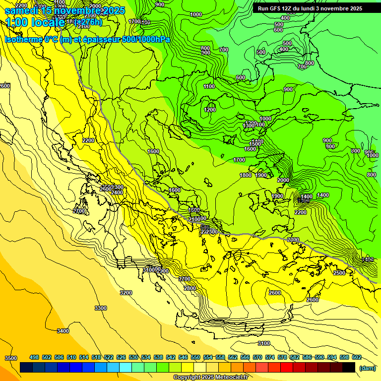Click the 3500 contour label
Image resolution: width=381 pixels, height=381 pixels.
pyautogui.click(x=10, y=358)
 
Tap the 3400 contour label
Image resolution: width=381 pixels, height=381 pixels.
pyautogui.click(x=63, y=331)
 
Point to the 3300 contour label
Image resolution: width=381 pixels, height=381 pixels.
pyautogui.click(x=100, y=308)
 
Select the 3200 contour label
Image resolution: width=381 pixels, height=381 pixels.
pyautogui.click(x=126, y=293)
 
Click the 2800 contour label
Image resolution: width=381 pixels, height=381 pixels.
pyautogui.click(x=190, y=288)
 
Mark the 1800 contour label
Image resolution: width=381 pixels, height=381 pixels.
pyautogui.click(x=246, y=175)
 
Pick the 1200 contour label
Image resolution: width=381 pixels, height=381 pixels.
pyautogui.click(x=210, y=110)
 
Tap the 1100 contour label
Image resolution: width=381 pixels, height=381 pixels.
pyautogui.click(x=209, y=86)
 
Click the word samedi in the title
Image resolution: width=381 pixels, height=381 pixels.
pyautogui.click(x=22, y=10)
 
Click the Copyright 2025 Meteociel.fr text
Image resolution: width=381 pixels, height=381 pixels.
pyautogui.click(x=211, y=377)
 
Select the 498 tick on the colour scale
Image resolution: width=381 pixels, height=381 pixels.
pyautogui.click(x=34, y=357)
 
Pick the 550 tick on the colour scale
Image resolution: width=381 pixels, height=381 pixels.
pyautogui.click(x=195, y=357)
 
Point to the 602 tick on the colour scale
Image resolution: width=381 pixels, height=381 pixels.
pyautogui.click(x=357, y=357)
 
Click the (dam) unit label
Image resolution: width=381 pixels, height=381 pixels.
pyautogui.click(x=368, y=368)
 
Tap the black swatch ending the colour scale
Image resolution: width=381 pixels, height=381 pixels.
pyautogui.click(x=349, y=367)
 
